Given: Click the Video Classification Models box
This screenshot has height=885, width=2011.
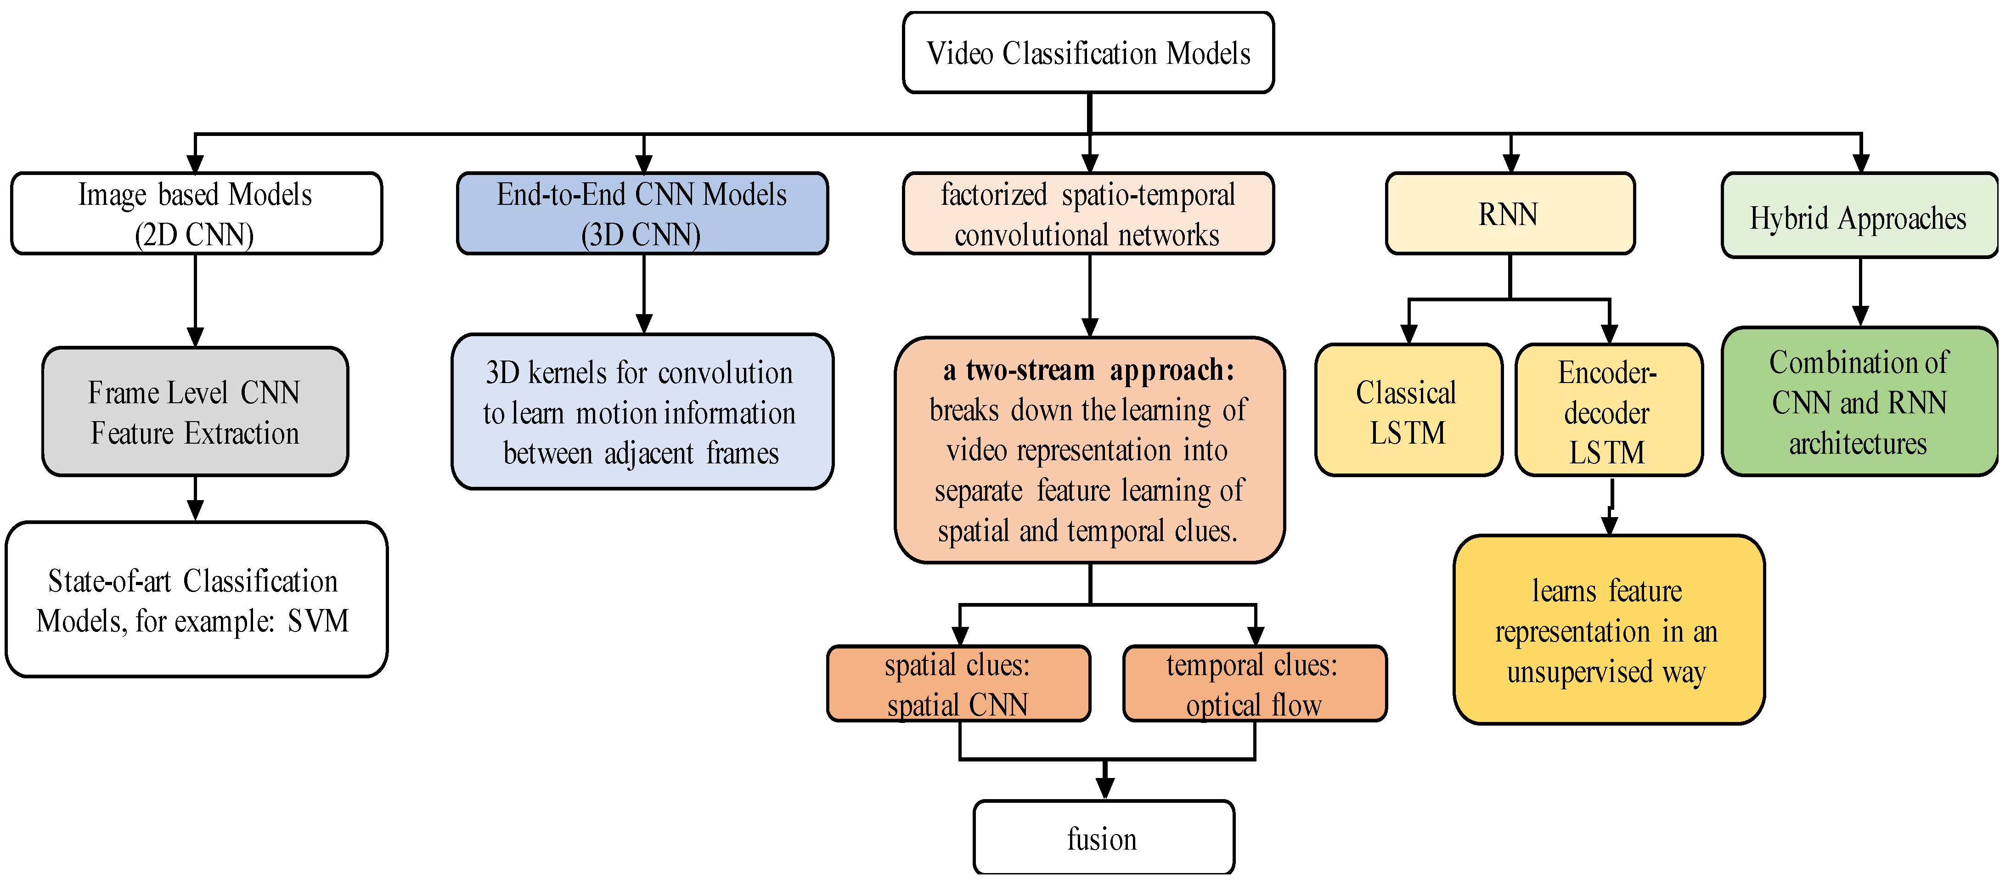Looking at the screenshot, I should tap(1088, 53).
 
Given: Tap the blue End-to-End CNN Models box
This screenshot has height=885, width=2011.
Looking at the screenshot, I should tap(642, 214).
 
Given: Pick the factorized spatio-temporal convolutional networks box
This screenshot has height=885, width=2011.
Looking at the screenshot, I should tap(1088, 214).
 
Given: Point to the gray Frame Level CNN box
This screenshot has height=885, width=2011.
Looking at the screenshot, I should tap(195, 412).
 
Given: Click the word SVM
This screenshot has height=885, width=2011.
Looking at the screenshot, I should tap(318, 622).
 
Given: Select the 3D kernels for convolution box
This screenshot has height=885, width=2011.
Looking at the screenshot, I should tap(642, 412).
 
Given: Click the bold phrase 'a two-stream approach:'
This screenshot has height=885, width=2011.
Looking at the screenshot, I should tap(1088, 370).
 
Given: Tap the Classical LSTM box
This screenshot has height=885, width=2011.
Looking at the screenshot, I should tap(1408, 411).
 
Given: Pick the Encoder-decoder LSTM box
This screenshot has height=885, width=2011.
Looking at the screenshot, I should tap(1608, 411).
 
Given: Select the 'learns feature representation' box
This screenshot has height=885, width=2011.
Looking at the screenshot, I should tap(1608, 631).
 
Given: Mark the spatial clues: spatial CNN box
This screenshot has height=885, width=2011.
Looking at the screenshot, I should tap(958, 684).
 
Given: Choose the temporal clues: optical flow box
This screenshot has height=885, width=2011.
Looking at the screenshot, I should tap(1254, 684).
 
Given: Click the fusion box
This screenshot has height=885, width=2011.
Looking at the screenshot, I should tap(1103, 838).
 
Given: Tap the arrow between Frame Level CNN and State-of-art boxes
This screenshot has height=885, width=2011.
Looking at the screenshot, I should tap(195, 500).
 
